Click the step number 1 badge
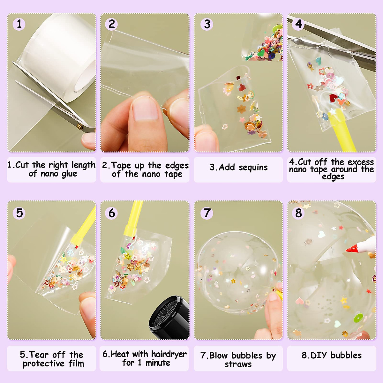[19, 24]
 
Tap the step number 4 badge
[299, 24]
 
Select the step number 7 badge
[207, 213]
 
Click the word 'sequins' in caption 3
[253, 168]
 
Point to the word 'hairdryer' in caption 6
[169, 354]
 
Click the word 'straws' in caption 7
[238, 364]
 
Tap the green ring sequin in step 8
[358, 318]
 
